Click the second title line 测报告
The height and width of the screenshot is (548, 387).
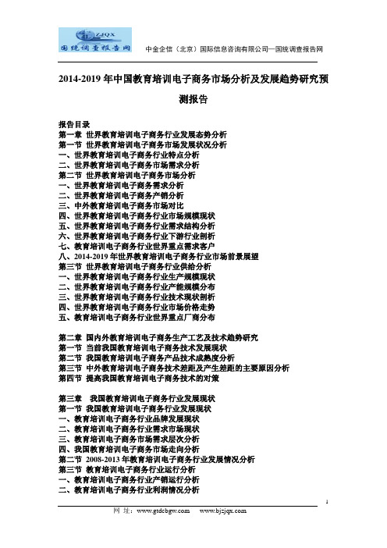click(x=193, y=100)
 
